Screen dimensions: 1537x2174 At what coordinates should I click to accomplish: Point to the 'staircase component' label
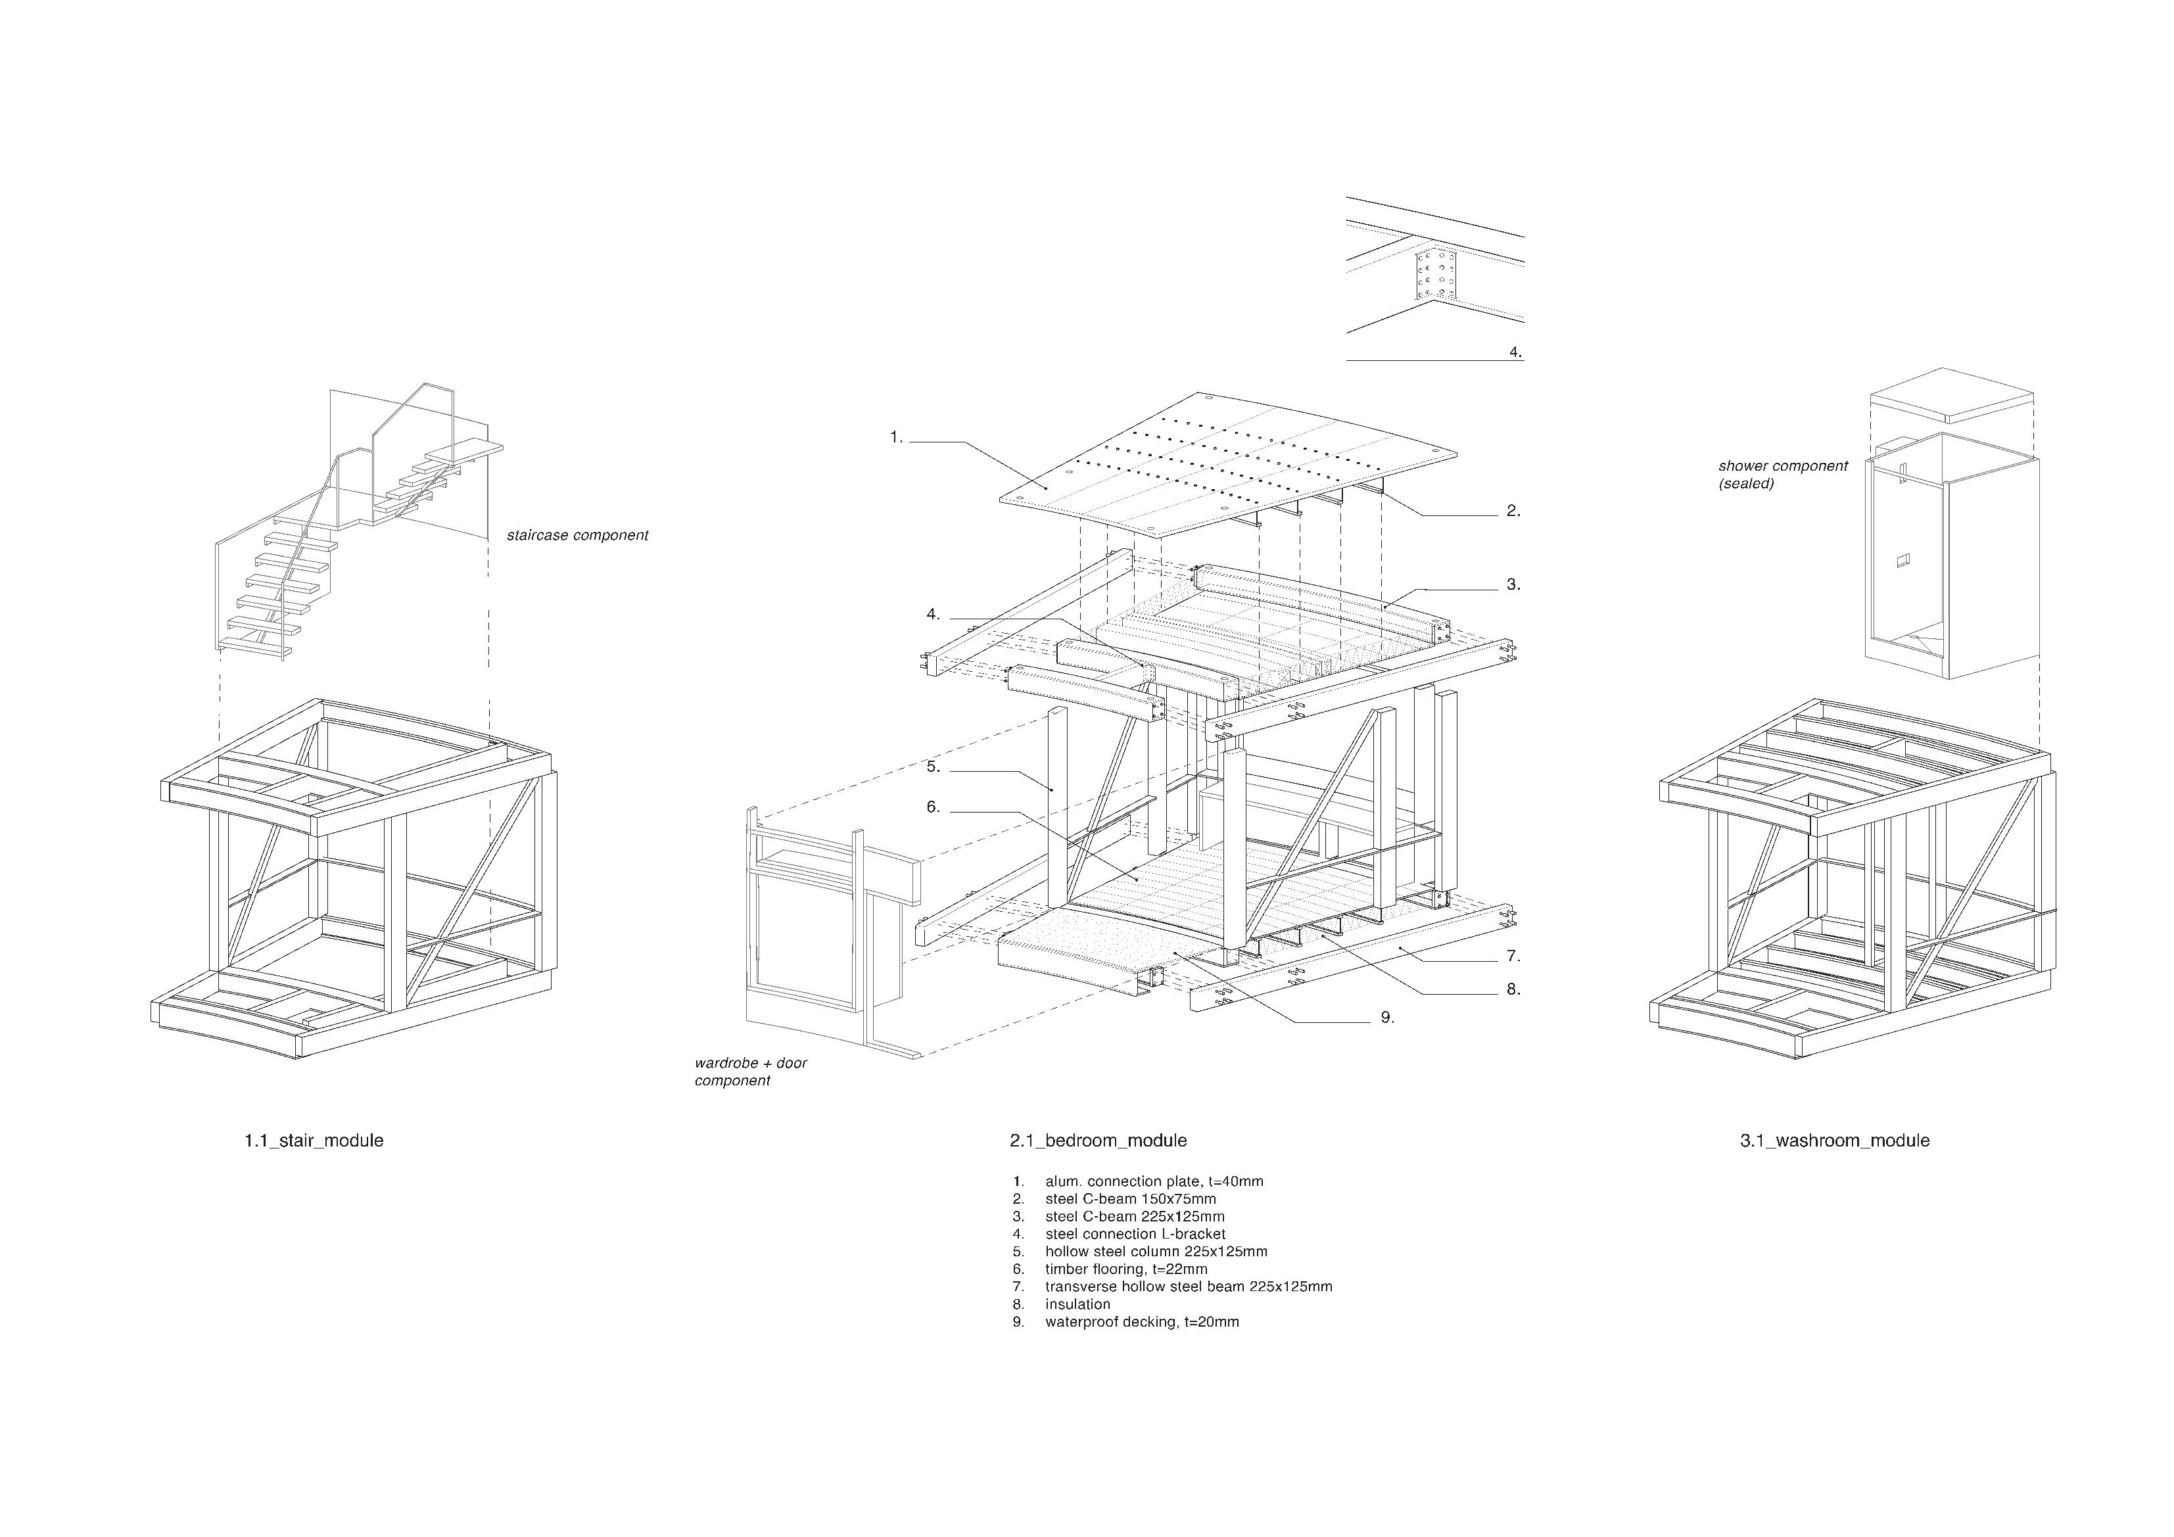(577, 536)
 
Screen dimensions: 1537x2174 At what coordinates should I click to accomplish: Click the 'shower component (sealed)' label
(1782, 475)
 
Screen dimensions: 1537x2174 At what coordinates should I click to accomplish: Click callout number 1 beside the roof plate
(896, 438)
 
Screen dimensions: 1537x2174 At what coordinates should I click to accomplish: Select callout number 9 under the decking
(1387, 1018)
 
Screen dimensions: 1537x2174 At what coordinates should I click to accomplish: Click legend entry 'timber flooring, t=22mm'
(1126, 1269)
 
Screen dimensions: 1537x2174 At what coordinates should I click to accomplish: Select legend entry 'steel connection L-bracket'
(1135, 1234)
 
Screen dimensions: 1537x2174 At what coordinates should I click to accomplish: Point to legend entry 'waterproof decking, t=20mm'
(1141, 1322)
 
